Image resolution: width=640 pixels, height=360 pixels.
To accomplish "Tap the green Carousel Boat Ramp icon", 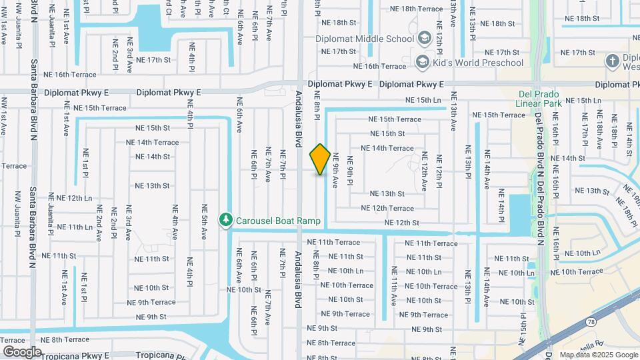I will click(226, 220).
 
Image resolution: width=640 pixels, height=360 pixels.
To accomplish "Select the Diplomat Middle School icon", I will click(423, 39).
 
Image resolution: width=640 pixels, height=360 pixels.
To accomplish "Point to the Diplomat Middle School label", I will click(367, 39).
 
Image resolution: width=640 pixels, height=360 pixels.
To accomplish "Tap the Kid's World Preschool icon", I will click(421, 63).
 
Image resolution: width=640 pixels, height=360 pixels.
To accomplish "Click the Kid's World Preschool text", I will click(477, 63).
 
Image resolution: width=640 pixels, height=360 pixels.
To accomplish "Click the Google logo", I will click(22, 351).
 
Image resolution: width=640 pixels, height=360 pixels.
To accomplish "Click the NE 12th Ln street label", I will click(74, 198).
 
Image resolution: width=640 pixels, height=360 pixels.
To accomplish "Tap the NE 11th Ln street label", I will click(74, 227).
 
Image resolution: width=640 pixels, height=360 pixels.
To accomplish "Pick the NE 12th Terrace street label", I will click(387, 208).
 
